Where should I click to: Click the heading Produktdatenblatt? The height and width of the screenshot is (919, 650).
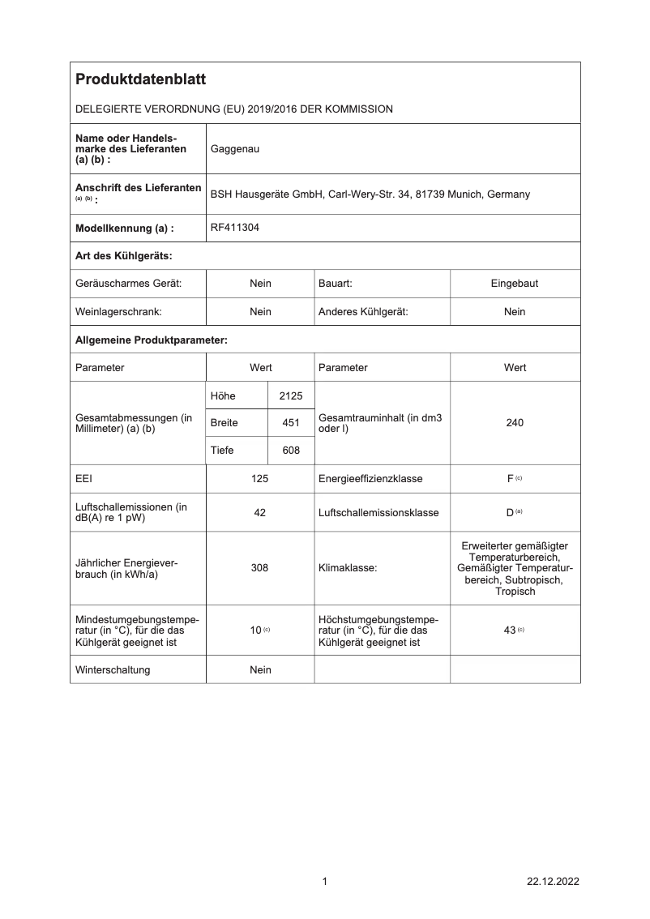click(x=140, y=79)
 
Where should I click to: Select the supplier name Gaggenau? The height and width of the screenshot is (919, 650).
click(x=235, y=149)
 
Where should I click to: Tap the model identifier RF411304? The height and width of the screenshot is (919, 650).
click(x=235, y=229)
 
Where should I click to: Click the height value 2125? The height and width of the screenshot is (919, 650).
click(x=290, y=395)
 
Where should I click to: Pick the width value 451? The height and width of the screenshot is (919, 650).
click(x=291, y=423)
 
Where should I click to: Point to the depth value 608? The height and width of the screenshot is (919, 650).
click(x=291, y=451)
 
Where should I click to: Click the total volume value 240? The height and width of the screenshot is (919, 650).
click(x=515, y=423)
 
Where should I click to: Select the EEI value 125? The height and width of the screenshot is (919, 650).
click(x=260, y=479)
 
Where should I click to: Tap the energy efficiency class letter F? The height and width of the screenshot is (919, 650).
click(x=511, y=479)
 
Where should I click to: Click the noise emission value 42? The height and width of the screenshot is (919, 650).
click(x=260, y=513)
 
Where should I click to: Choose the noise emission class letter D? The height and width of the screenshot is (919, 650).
click(x=510, y=513)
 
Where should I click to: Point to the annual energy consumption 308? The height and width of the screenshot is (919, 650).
click(x=260, y=568)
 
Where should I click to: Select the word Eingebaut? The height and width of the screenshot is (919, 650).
click(x=515, y=284)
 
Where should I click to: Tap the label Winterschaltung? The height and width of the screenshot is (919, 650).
click(x=113, y=669)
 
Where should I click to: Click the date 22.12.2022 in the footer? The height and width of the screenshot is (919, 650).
click(x=553, y=882)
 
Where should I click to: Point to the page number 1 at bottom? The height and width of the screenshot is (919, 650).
click(x=325, y=882)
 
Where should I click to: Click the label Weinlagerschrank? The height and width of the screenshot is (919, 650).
click(x=118, y=311)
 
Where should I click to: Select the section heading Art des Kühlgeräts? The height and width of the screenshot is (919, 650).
click(x=124, y=256)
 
